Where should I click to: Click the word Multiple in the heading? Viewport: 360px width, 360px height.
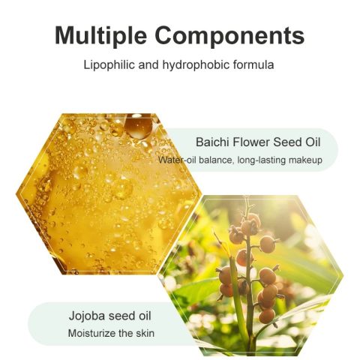100,35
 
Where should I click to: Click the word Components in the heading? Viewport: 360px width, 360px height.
229,35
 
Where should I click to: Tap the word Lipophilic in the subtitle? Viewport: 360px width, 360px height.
109,65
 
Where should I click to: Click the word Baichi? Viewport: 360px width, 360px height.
212,142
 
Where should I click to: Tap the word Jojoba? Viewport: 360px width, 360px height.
87,316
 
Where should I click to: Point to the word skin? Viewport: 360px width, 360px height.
145,334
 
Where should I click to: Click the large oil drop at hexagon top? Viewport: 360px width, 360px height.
138,126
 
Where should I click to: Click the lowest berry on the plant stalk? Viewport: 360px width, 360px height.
267,316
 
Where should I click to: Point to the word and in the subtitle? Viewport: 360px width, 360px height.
148,64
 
